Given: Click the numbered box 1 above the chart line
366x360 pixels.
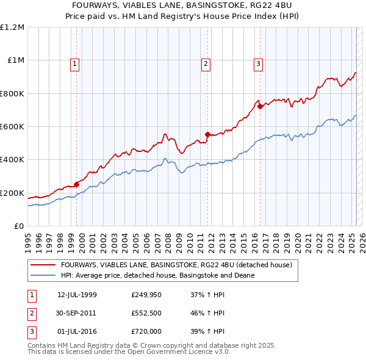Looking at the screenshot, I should [74, 63].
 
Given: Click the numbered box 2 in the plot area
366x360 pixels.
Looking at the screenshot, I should [206, 63].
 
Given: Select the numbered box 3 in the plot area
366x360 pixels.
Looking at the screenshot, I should [258, 63].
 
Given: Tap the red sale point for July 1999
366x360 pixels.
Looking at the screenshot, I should [77, 184].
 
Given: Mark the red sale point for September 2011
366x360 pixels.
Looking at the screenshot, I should [208, 134].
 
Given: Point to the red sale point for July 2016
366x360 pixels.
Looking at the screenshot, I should [260, 106].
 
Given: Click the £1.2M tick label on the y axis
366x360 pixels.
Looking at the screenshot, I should [12, 27].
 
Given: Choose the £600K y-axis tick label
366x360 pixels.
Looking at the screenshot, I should [12, 126].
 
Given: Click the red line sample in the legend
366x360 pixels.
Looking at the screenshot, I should [43, 265].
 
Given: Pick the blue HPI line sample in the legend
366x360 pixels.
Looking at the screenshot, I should [43, 275].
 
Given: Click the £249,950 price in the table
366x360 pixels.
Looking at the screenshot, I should [146, 295].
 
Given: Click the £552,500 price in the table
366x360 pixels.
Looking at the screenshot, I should [146, 313].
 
